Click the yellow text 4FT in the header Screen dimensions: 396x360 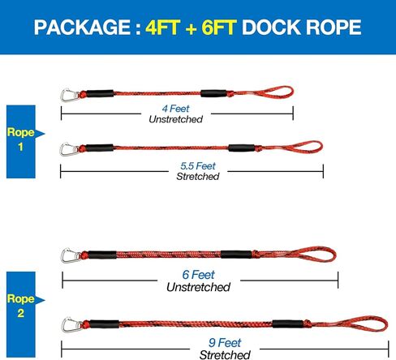coord(163,28)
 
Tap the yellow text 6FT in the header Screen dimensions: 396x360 coord(219,28)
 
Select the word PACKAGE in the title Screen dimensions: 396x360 coord(82,28)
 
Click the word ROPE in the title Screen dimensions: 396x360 coord(334,28)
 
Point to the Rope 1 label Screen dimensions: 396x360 coord(20,139)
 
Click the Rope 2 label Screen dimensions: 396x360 coord(20,306)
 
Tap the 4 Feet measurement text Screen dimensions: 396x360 coord(175,109)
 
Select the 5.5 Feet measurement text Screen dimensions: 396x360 coord(198,166)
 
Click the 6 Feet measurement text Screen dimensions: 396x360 coord(198,275)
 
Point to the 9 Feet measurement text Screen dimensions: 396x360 coord(225,343)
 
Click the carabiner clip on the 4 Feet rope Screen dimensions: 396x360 coord(70,96)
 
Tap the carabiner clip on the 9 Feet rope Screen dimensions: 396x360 coord(71,325)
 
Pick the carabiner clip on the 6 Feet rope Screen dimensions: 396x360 coord(71,255)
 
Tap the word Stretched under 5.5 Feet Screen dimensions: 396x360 coord(198,177)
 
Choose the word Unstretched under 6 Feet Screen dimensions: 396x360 coord(198,287)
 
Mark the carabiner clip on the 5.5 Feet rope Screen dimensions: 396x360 coord(69,150)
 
